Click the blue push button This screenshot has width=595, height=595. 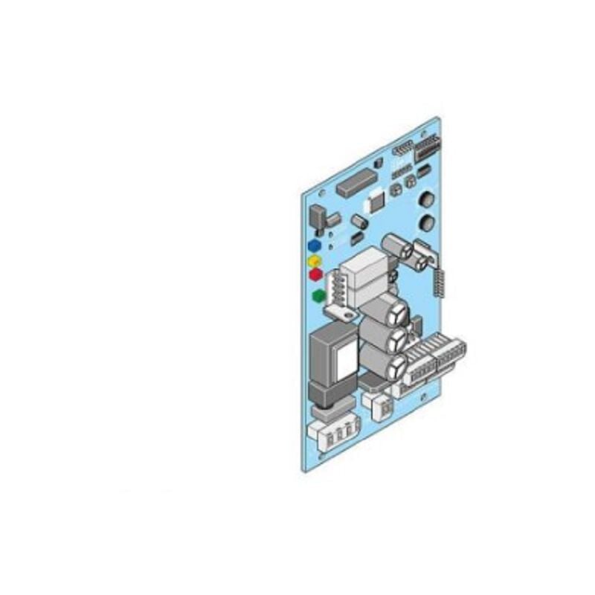click(315, 245)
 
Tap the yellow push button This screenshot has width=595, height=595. click(315, 260)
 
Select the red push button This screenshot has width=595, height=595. click(315, 274)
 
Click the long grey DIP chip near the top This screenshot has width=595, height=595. click(356, 183)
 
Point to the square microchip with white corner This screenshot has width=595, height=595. click(376, 198)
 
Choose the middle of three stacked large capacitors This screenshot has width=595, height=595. click(392, 336)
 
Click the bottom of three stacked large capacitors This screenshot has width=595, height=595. click(392, 363)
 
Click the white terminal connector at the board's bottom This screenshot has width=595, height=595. click(332, 432)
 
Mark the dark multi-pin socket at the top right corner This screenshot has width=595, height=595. click(428, 147)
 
